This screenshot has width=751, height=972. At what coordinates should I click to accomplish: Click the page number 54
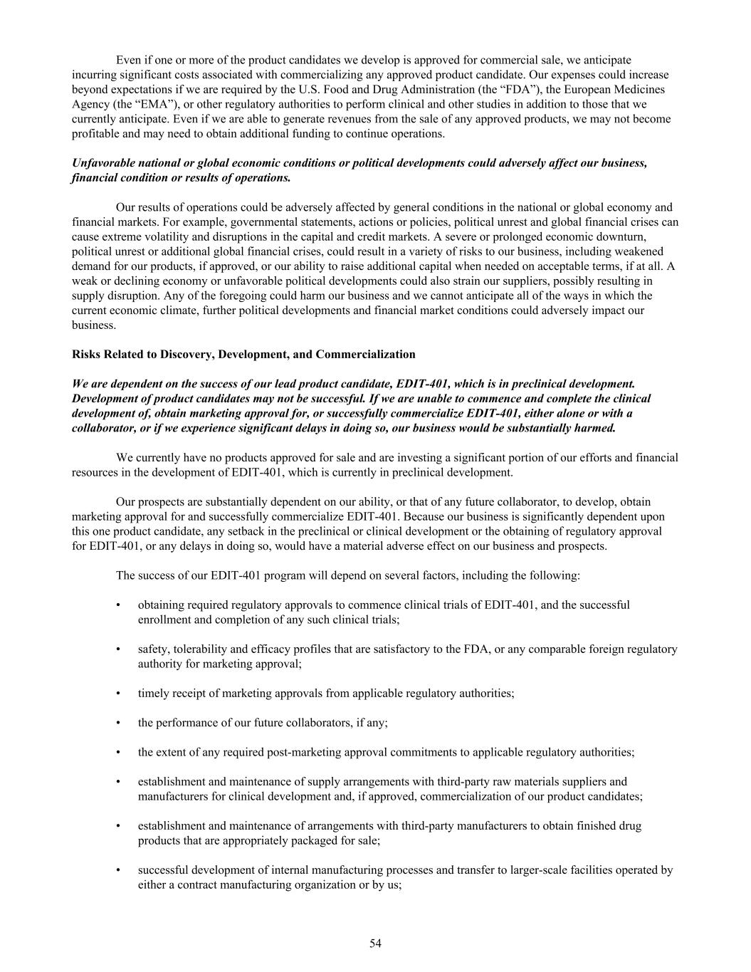pyautogui.click(x=375, y=944)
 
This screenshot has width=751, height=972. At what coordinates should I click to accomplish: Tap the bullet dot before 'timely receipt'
pyautogui.click(x=118, y=693)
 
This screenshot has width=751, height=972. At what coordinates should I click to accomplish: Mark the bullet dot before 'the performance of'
pyautogui.click(x=118, y=723)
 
